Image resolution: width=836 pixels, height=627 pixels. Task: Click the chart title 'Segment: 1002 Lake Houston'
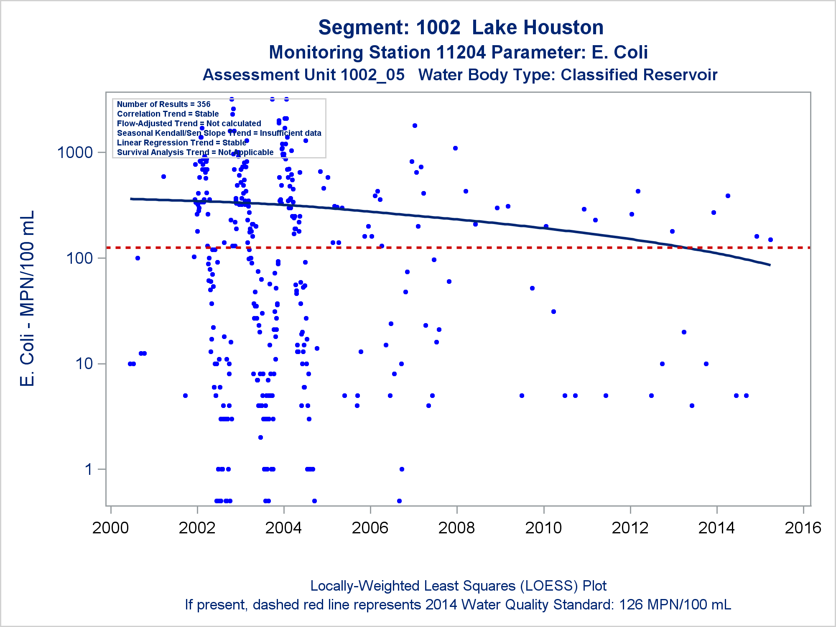tap(461, 28)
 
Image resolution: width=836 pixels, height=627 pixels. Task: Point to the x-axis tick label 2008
tap(456, 528)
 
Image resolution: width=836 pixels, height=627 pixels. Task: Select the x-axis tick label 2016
tap(803, 528)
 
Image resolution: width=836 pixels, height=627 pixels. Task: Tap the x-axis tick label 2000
tap(110, 528)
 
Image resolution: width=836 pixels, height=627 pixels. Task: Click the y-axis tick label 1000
tap(75, 153)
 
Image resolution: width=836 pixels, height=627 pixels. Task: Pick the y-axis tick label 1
tap(88, 469)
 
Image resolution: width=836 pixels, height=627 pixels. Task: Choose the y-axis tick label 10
tap(84, 364)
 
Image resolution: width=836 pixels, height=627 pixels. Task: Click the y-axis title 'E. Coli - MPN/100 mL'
tap(27, 298)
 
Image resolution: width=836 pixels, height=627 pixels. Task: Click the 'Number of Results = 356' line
tap(163, 104)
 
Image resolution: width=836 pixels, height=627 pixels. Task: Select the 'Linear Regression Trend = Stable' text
tap(181, 143)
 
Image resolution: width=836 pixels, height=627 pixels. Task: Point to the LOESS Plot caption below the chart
tap(458, 586)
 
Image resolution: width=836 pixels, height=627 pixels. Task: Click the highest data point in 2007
tap(415, 125)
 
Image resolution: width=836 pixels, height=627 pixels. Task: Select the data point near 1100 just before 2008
tap(455, 148)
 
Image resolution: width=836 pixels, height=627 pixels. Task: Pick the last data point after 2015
tap(770, 240)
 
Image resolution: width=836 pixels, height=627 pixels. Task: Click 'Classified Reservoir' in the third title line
tap(639, 75)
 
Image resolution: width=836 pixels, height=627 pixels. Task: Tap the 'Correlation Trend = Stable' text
tap(168, 114)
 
